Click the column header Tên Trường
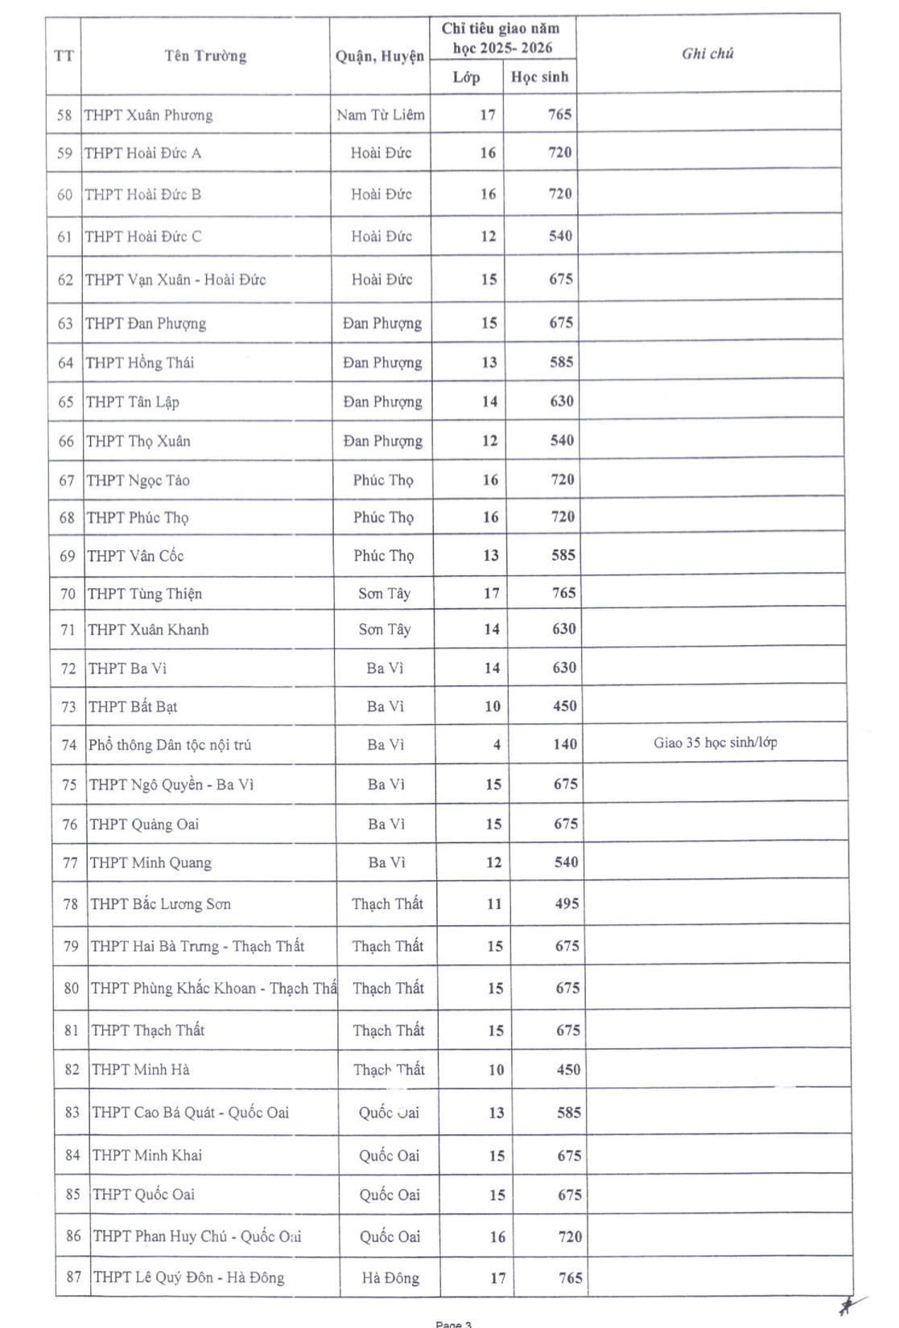205,56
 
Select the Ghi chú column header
707,54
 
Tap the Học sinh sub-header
539,77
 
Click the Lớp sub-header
466,77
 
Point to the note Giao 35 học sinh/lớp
715,742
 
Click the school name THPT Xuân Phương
149,115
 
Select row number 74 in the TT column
68,745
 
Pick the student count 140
564,745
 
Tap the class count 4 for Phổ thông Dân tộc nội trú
497,745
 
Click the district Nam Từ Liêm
380,115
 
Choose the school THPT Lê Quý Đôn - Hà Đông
188,1277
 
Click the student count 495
567,904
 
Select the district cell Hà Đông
390,1278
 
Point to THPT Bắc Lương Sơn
160,904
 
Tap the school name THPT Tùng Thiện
145,594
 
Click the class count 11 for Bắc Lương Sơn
493,904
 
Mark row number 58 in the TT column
64,115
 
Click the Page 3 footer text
453,1323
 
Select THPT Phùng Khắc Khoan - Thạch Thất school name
213,989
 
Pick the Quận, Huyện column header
379,56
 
